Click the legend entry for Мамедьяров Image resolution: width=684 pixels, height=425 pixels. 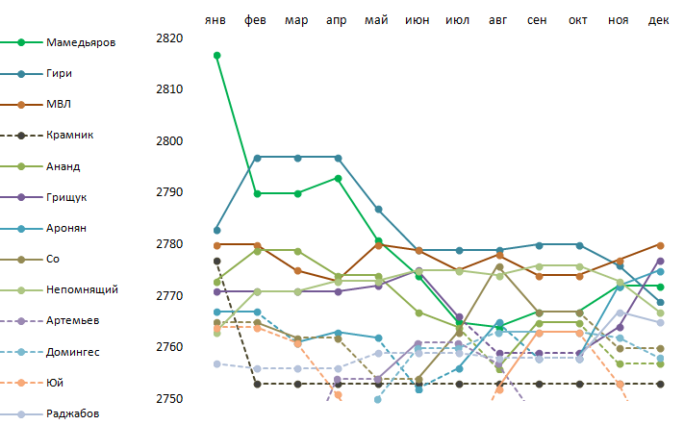coord(84,42)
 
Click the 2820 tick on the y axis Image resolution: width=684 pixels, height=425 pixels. coord(168,38)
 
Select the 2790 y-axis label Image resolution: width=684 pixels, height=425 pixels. coord(168,193)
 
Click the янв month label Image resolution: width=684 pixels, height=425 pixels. coord(217,20)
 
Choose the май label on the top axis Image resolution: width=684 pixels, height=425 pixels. coord(377,20)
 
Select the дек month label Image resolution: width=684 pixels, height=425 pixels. coord(659,20)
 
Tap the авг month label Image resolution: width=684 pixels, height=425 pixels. coord(498,20)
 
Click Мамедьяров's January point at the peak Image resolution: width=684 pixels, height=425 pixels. coord(217,55)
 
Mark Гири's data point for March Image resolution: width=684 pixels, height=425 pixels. coord(297,158)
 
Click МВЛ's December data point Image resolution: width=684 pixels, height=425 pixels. coord(660,245)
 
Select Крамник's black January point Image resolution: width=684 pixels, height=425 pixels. coord(217,261)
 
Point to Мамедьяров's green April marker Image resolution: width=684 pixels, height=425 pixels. coord(338,178)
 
